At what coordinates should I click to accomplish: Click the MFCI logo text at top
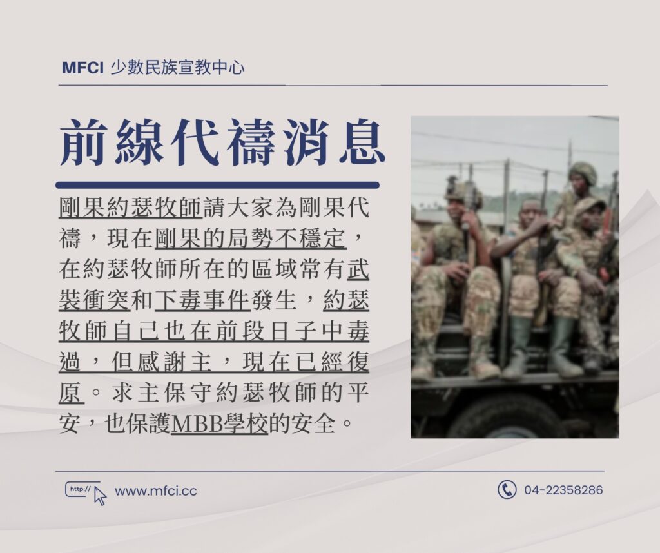tap(82, 68)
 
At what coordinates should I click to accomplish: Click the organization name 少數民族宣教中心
tap(177, 68)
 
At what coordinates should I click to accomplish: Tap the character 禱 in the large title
tap(251, 142)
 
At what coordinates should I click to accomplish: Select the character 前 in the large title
tap(82, 142)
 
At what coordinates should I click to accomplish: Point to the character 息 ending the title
tap(363, 142)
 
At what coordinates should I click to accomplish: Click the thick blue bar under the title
tap(217, 185)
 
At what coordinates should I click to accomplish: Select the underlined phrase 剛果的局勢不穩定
tap(251, 238)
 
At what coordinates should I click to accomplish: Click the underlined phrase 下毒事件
tap(202, 300)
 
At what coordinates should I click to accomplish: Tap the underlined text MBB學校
tap(219, 424)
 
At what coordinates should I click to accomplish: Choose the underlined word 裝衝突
tap(95, 300)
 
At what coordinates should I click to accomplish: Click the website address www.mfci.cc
tap(156, 491)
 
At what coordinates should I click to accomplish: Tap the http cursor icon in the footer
tap(86, 492)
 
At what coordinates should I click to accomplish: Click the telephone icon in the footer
tap(507, 489)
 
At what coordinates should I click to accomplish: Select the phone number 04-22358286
tap(563, 490)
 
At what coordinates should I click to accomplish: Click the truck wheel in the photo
tap(511, 417)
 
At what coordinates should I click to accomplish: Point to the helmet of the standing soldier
tap(583, 172)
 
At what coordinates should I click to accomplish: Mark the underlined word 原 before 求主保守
tap(72, 393)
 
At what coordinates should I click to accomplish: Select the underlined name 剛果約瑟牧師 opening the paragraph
tap(131, 208)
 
